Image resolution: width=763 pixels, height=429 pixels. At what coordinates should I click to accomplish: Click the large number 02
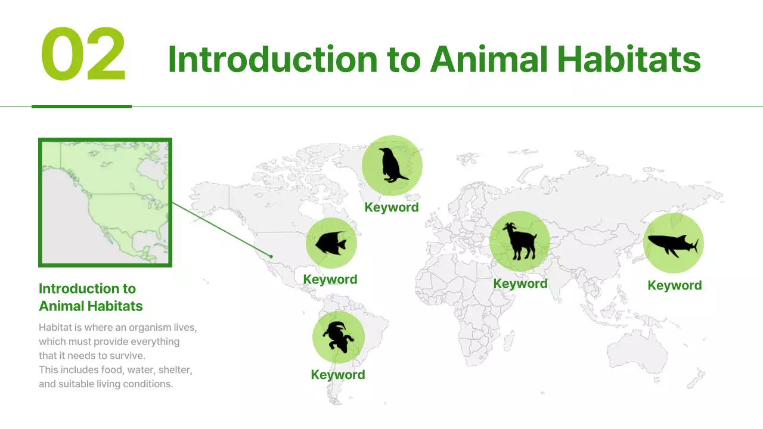coord(83,55)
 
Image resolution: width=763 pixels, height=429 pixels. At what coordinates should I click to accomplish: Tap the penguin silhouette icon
coord(392,165)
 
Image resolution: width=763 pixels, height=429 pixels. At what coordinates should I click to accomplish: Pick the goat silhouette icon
coord(519,241)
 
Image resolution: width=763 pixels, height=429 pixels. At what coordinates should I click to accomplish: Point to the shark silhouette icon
coord(673,244)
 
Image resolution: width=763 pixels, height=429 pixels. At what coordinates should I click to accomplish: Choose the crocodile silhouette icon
coord(338,337)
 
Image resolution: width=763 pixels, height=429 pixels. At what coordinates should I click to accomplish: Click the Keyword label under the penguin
coord(392,207)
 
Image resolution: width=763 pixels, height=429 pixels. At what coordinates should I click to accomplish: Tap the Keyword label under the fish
coord(330,279)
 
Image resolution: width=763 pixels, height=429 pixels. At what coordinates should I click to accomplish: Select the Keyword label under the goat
coord(520,284)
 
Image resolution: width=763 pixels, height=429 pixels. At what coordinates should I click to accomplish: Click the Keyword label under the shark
coord(675,285)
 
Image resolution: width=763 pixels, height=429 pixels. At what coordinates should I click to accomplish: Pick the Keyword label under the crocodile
coord(338,375)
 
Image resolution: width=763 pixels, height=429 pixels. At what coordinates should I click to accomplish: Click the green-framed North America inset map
coord(105,203)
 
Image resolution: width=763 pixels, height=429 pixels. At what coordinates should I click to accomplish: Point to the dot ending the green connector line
coord(271,256)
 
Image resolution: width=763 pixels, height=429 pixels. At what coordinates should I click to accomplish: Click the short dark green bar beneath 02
coord(82,107)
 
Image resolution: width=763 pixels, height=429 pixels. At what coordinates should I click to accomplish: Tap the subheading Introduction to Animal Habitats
coord(91,297)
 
